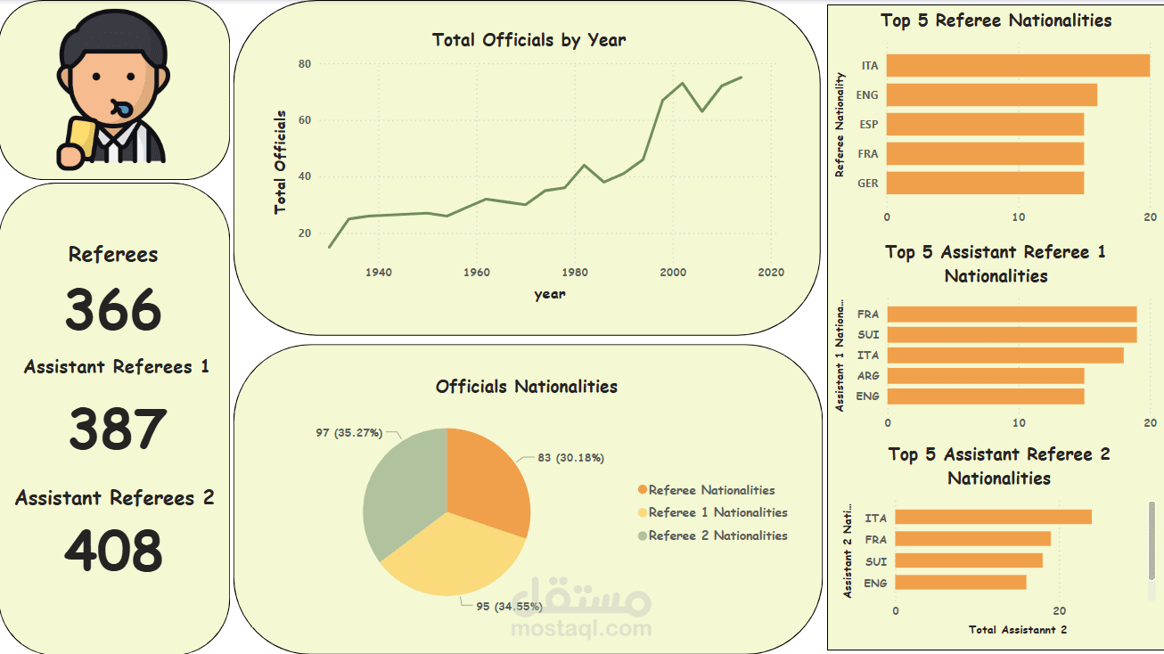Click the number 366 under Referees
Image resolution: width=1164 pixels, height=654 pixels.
coord(113,310)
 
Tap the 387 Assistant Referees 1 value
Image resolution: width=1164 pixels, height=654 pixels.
coord(118,429)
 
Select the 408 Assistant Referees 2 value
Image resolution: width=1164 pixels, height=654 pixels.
coord(114,551)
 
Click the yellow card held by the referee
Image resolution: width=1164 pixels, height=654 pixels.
coord(78,143)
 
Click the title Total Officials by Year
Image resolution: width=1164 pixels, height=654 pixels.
coord(529,40)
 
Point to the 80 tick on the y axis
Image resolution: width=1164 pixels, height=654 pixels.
coord(305,64)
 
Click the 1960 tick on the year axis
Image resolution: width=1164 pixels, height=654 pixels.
coord(477,272)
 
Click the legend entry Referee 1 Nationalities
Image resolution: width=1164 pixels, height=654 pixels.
coord(717,512)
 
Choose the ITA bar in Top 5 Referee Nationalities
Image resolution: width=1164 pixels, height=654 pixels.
coord(1017,66)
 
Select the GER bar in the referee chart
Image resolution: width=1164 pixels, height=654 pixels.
coord(985,183)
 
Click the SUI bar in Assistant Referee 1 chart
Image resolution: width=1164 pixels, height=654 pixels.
coord(1012,334)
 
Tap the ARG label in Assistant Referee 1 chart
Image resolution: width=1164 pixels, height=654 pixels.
coord(867,376)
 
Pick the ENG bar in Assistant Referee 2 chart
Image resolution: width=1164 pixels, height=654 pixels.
coord(961,583)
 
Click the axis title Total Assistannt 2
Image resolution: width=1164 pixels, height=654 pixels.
coord(1017,630)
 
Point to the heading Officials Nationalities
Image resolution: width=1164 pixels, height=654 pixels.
coord(526,387)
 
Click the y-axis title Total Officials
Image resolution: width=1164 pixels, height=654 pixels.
coord(281,162)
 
